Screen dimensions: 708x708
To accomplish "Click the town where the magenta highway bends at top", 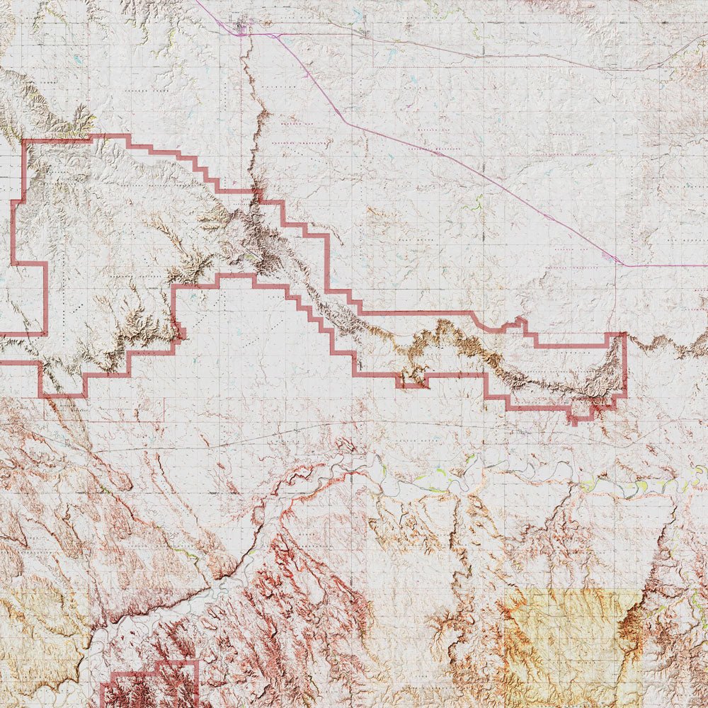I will [x=241, y=33].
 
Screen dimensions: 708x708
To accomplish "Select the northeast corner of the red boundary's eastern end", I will [x=624, y=335].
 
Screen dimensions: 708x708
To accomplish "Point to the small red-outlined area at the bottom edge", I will [x=150, y=683].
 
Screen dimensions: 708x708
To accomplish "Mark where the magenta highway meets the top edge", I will [x=196, y=2].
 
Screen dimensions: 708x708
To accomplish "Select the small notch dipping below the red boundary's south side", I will [x=412, y=383].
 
